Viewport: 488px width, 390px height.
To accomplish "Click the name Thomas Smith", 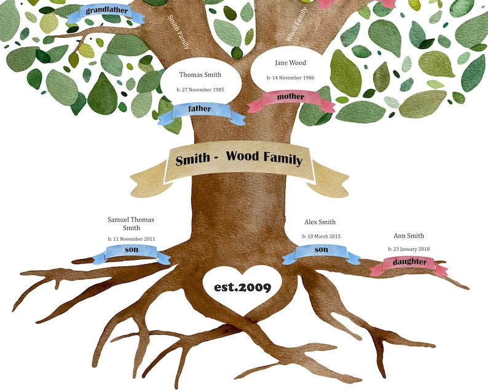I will point(200,75).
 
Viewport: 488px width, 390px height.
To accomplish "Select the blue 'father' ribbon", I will point(200,109).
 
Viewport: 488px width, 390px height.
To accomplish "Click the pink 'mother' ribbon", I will point(290,97).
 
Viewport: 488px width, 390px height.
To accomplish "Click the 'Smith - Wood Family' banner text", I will point(239,158).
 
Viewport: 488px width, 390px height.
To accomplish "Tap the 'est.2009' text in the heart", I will point(242,287).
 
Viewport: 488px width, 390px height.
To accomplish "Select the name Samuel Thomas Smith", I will point(131,224).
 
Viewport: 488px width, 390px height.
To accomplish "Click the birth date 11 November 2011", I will point(131,238).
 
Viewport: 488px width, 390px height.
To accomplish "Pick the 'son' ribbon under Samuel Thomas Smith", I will point(132,250).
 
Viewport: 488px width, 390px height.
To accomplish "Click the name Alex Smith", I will point(320,222).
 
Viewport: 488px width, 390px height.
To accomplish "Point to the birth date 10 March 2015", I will point(321,236).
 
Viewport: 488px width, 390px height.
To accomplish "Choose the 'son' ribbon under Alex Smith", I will point(321,250).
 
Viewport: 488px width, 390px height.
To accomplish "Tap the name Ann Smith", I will point(409,236).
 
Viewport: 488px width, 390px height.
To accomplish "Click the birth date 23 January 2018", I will point(409,249).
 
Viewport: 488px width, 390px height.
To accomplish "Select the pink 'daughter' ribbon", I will point(408,263).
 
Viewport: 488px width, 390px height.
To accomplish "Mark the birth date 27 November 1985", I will point(200,90).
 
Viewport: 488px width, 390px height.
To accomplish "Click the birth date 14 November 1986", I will point(291,78).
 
